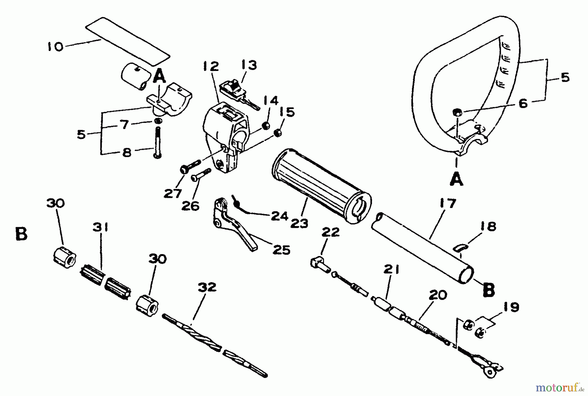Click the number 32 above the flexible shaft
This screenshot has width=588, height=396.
207,287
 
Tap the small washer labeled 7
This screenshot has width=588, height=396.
158,122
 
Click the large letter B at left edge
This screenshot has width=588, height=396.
21,234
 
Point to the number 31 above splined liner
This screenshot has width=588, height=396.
100,227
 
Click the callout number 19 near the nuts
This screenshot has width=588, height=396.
511,307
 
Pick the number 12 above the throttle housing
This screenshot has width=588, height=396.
210,67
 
